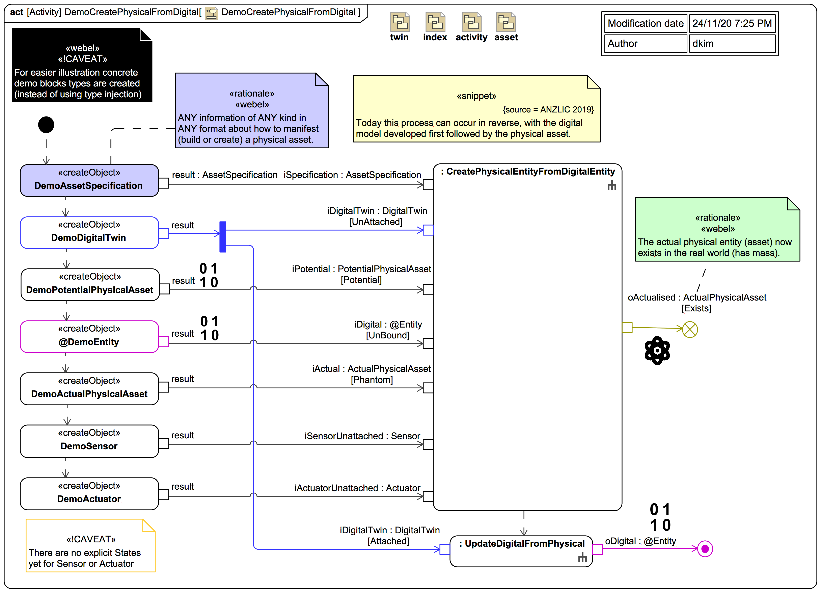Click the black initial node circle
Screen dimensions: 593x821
(46, 125)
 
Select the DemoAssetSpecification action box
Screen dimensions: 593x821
(89, 180)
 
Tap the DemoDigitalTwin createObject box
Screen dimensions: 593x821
(89, 233)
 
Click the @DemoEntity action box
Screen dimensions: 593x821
(89, 337)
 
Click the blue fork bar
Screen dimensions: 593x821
(223, 237)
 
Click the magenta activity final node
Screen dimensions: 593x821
(705, 549)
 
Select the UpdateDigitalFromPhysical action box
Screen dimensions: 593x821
(521, 551)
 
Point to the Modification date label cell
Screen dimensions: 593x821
(646, 24)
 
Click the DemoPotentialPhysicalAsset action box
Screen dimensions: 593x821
(90, 285)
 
